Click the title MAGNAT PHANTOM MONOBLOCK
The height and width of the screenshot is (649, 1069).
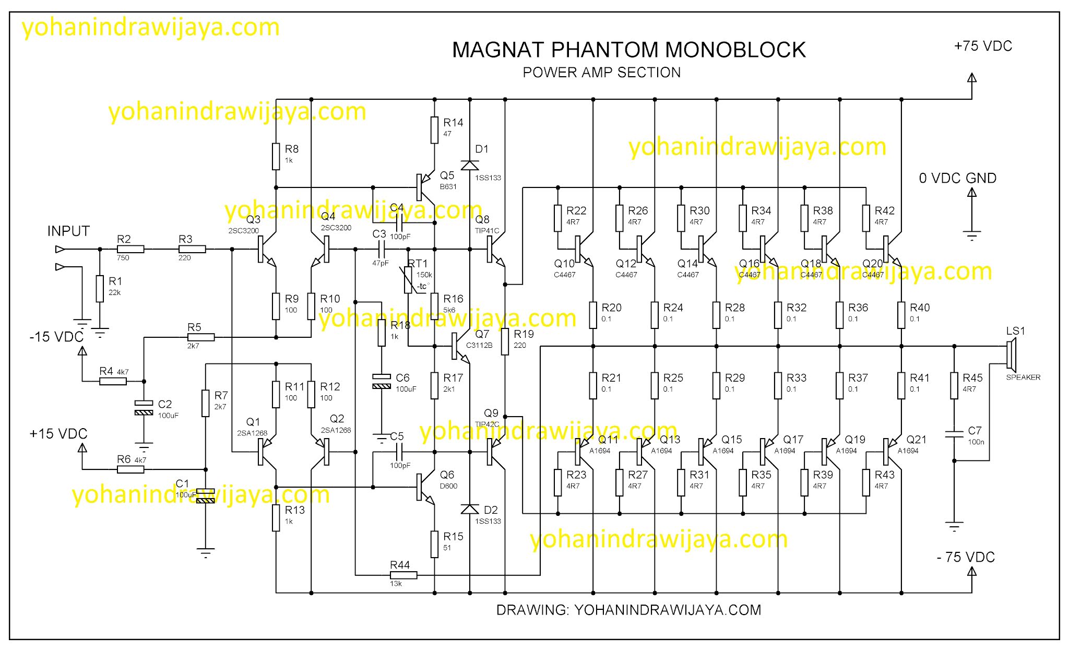point(628,50)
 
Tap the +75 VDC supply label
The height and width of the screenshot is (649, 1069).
point(983,46)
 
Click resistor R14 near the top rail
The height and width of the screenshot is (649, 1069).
point(434,129)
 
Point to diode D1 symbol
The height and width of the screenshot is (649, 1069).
point(470,165)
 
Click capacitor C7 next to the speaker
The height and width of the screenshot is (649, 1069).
point(954,433)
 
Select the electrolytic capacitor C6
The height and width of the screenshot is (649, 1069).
point(382,381)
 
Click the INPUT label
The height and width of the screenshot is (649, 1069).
point(68,231)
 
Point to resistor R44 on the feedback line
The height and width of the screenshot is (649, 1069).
point(403,575)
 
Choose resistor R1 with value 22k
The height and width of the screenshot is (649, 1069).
point(100,289)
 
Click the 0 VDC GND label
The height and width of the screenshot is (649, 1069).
point(957,179)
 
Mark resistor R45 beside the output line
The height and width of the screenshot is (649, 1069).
point(954,385)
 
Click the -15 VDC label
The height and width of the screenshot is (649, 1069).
point(56,337)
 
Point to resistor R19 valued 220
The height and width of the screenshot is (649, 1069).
point(505,341)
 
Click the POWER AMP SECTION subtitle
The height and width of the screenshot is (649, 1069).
point(601,73)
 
